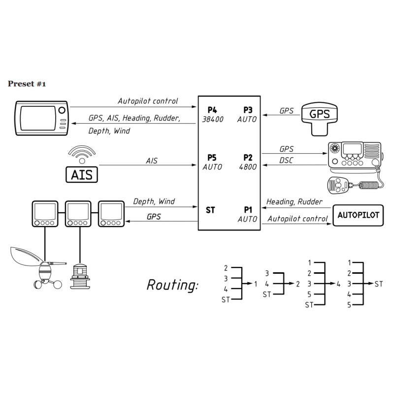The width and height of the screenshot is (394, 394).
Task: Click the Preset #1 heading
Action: [x=27, y=84]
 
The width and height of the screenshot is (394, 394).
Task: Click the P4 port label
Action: [x=212, y=110]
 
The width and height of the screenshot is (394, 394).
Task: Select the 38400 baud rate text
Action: [x=213, y=119]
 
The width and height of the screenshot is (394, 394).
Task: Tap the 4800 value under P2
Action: [x=247, y=167]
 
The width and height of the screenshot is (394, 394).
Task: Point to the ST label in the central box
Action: [x=210, y=210]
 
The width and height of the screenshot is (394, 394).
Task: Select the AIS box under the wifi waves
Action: [x=82, y=174]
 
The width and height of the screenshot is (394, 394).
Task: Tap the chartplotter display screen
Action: [x=37, y=117]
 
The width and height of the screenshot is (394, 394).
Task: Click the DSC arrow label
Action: [x=287, y=161]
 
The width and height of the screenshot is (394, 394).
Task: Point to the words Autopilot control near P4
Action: [x=148, y=101]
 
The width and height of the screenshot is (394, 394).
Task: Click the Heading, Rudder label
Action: [x=295, y=201]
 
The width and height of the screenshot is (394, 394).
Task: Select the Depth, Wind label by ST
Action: [x=154, y=201]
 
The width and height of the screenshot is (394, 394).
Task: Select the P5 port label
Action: [x=212, y=158]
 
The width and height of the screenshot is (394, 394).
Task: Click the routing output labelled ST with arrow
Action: [x=378, y=284]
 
